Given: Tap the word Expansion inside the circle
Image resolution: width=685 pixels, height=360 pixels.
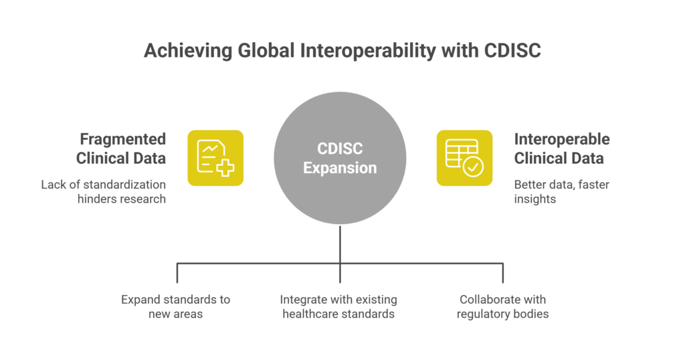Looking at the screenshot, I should tap(340, 168).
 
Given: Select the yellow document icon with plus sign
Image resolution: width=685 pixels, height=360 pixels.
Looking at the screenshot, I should tap(215, 158).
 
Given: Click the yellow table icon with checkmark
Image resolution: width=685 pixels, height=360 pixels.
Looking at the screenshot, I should tap(464, 158).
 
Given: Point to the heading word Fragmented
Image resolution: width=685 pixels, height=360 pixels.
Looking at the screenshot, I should tap(122, 139).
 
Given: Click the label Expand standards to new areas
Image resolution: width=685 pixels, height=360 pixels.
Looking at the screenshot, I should tap(176, 306).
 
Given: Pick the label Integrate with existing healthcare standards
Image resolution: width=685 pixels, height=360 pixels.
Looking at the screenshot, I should tap(338, 306).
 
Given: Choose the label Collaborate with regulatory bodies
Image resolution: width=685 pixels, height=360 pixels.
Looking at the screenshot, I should tap(502, 306).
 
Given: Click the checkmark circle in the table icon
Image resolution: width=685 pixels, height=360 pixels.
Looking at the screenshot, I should tap(474, 167).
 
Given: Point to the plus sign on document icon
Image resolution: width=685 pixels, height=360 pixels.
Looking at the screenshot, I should tap(225, 167).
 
